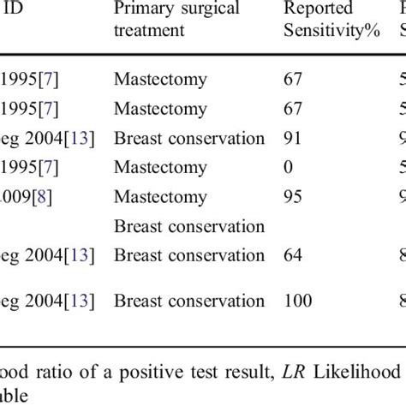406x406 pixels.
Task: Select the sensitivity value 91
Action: tap(294, 138)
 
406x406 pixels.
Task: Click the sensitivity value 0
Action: tap(290, 167)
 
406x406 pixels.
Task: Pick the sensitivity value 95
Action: tap(294, 196)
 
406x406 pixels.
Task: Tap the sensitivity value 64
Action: tap(294, 255)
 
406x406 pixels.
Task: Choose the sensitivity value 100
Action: tap(298, 301)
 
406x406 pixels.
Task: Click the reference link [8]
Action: tap(43, 196)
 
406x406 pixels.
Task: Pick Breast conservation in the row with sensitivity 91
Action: tap(188, 138)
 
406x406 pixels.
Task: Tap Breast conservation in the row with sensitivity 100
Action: tap(188, 301)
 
